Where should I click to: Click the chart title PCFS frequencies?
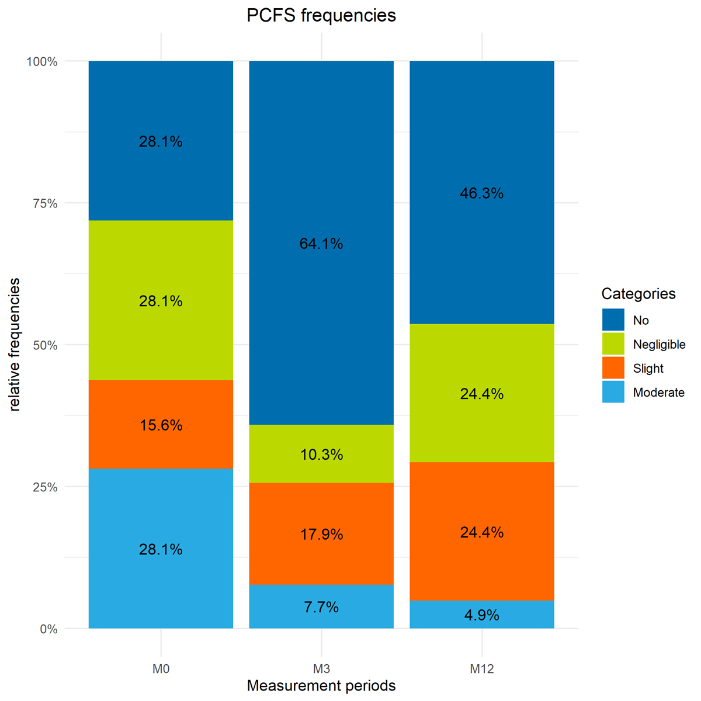(321, 16)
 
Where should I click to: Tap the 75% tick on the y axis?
(44, 203)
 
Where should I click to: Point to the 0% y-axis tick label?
(48, 629)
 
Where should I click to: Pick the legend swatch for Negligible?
(613, 344)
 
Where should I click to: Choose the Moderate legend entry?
(658, 393)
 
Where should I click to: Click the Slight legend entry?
(648, 369)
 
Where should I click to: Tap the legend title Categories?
(638, 294)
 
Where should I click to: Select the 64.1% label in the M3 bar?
(321, 244)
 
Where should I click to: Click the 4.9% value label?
(482, 615)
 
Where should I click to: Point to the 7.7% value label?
(321, 608)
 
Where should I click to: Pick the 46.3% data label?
(482, 193)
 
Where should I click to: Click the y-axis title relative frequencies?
(15, 345)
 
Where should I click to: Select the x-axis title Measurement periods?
(321, 686)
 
